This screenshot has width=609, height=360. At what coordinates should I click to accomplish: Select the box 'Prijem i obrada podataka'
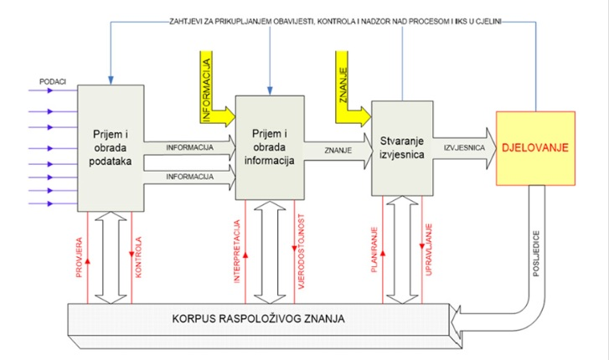(111, 148)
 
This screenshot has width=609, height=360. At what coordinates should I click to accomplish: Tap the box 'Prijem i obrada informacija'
(269, 148)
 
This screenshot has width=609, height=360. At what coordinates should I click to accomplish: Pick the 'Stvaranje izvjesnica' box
(401, 148)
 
